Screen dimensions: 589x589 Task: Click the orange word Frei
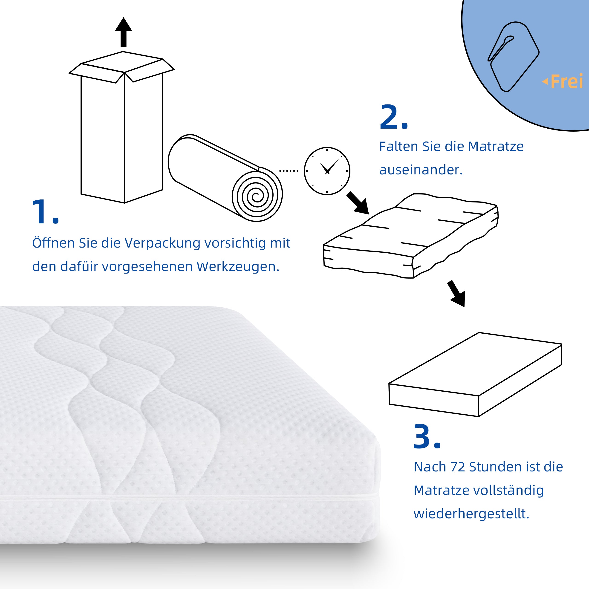point(566,82)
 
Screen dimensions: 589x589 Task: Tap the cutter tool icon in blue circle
point(513,56)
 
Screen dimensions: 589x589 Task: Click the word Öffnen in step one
point(53,243)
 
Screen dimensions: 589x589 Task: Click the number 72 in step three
point(457,467)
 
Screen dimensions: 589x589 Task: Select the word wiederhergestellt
point(471,514)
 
